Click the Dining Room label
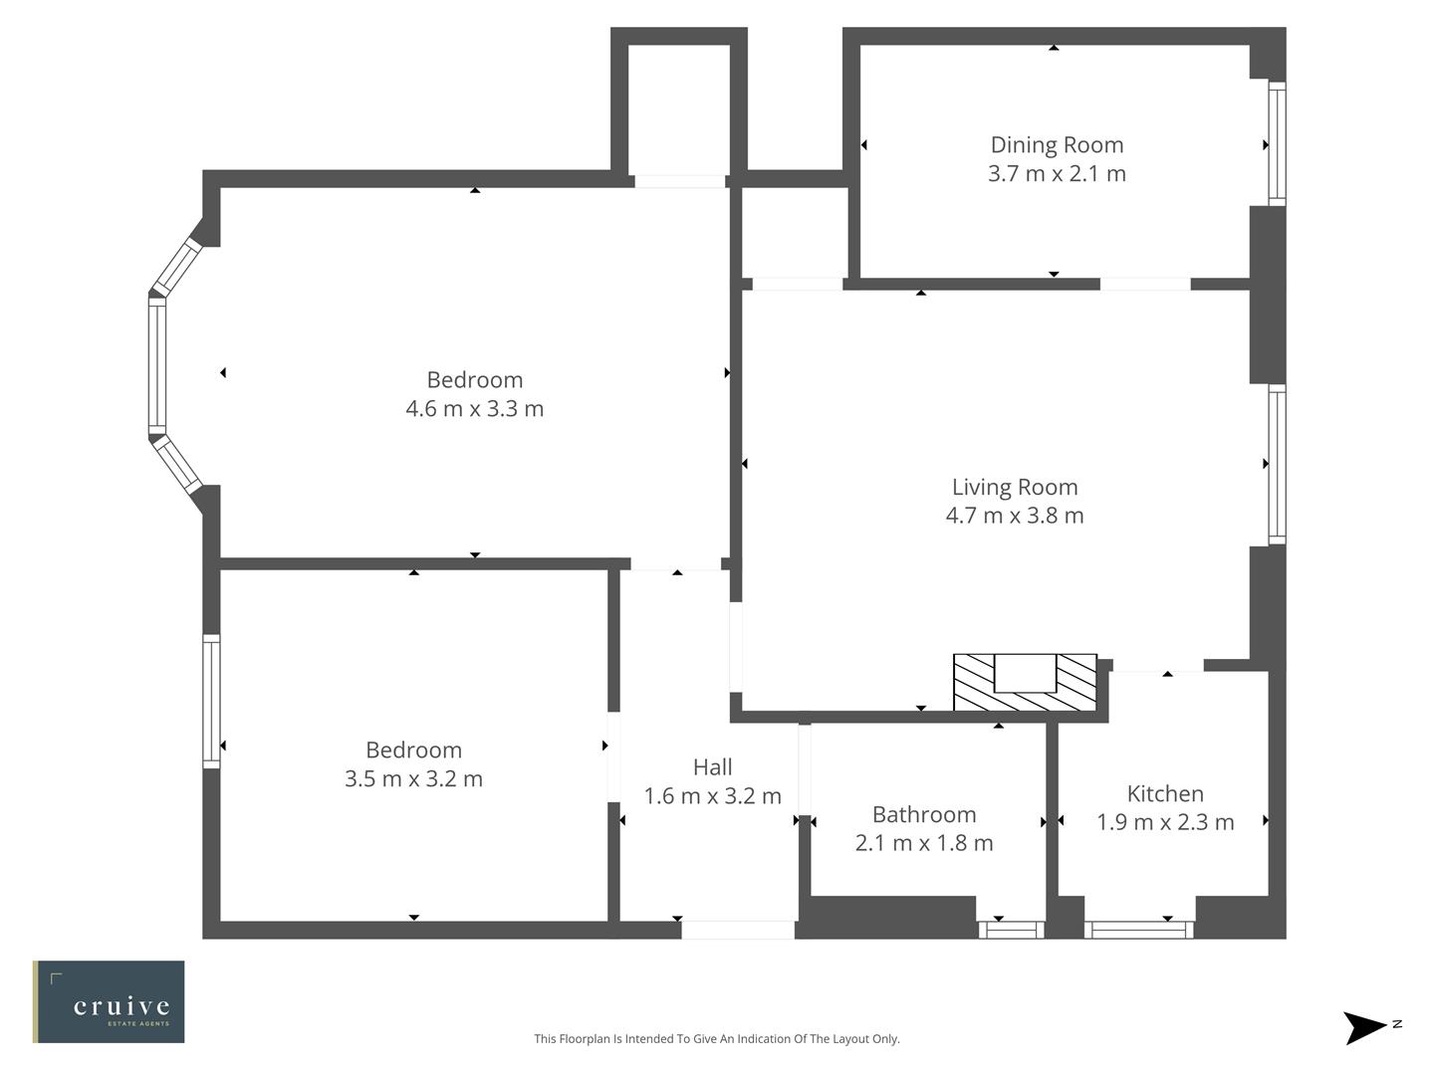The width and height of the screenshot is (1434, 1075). [1057, 145]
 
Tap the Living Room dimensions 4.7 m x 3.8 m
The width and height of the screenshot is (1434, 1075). [1014, 516]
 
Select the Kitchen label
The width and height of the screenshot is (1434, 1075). [1165, 793]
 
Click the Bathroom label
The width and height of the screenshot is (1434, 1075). [924, 814]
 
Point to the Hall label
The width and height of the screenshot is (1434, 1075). [712, 766]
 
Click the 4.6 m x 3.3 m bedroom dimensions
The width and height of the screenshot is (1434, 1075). [474, 408]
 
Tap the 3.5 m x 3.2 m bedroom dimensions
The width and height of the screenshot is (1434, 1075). [413, 778]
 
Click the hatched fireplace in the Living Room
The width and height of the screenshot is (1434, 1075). [1025, 683]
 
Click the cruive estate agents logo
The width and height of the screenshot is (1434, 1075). [109, 1001]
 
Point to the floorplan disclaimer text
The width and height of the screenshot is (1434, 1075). [716, 1038]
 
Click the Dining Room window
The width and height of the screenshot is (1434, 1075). [1276, 144]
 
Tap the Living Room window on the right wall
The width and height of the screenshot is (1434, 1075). [1276, 464]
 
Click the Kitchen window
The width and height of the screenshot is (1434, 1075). [1138, 930]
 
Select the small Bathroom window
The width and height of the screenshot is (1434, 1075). [1010, 930]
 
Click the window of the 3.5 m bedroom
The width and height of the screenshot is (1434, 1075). [211, 701]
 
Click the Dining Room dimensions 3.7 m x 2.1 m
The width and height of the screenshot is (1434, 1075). [1057, 174]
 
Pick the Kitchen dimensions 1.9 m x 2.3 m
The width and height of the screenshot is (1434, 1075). [1165, 822]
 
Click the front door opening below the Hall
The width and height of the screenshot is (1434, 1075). [737, 930]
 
